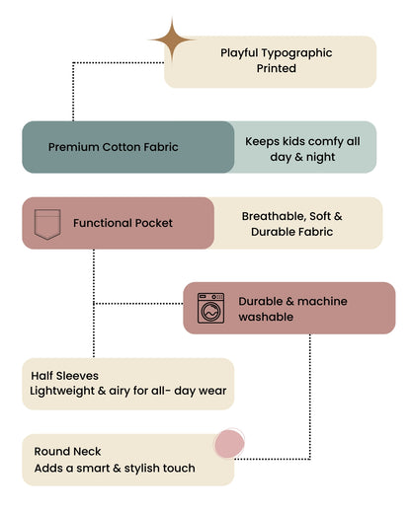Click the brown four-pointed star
[x=172, y=39]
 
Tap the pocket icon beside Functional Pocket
[x=47, y=224]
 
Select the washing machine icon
[x=210, y=308]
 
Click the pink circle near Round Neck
[x=229, y=443]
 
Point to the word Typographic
[x=296, y=53]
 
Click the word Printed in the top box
[x=277, y=68]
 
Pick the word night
[x=320, y=158]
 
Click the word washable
[x=266, y=317]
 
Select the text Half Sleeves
[x=64, y=376]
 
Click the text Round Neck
[x=67, y=452]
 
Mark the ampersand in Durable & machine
[x=289, y=302]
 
